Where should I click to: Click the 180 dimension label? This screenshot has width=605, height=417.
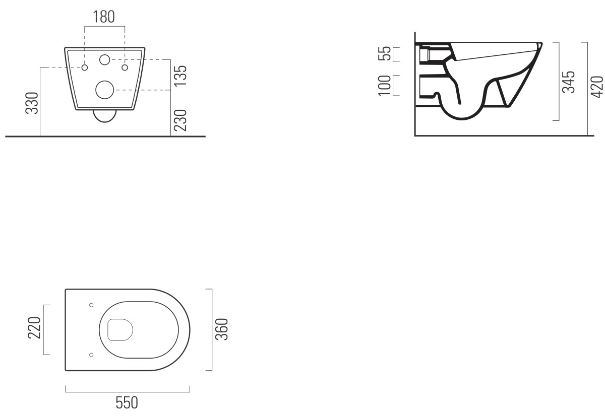[x=104, y=17]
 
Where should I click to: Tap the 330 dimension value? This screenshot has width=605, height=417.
[x=32, y=103]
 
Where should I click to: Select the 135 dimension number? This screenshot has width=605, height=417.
[x=180, y=76]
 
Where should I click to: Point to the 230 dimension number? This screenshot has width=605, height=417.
[x=180, y=120]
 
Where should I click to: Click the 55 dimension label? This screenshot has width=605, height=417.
[x=385, y=53]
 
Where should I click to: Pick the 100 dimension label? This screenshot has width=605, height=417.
[x=385, y=86]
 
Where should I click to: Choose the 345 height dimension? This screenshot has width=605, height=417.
[x=569, y=82]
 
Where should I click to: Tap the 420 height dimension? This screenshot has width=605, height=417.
[x=597, y=87]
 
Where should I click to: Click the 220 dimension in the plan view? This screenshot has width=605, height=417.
[x=34, y=328]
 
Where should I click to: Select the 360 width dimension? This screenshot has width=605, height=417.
[x=222, y=329]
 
